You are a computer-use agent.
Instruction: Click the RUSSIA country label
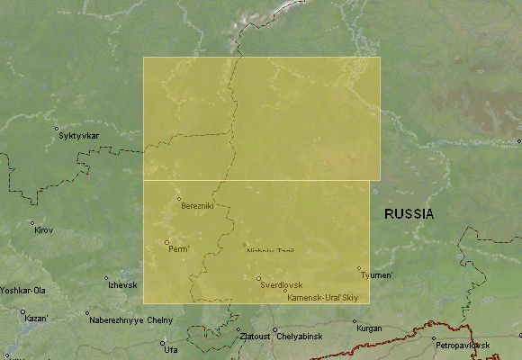pos(409,214)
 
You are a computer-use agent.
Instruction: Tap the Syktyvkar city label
pos(78,136)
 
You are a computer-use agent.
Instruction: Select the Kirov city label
pos(44,230)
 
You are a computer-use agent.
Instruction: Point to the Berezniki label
pos(198,206)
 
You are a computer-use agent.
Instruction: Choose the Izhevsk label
pos(122,285)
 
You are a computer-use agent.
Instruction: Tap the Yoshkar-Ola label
pos(22,291)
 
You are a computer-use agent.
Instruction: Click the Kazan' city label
pos(36,319)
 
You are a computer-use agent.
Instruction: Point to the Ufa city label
pos(171,348)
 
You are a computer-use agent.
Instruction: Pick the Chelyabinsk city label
pos(299,337)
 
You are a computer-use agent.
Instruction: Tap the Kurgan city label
pos(370,328)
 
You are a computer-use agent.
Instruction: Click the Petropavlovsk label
pos(463,346)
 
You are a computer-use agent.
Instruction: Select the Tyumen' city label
pos(376,275)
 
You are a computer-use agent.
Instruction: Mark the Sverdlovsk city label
pos(281,284)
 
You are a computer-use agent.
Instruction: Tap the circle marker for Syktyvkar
pos(57,129)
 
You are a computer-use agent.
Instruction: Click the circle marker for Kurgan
pos(354,321)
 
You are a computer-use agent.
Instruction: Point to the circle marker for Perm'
pos(166,242)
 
